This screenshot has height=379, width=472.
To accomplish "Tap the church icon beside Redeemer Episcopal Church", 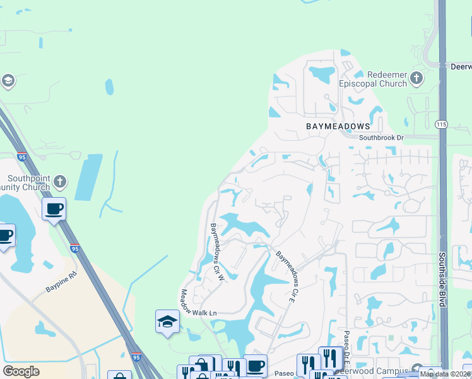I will pos(416,78).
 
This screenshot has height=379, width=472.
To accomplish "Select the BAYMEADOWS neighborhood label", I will pos(338,126).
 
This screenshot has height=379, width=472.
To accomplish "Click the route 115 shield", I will pos(442,124).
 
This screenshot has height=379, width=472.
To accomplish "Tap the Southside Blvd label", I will pos(444,277).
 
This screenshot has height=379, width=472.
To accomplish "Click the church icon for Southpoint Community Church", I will pos(59,182).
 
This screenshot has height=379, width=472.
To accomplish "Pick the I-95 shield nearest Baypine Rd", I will pos(74,248).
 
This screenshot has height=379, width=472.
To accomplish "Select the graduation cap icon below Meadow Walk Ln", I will pos(167,322).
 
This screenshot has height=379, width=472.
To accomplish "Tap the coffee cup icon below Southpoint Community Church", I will pos(54,208).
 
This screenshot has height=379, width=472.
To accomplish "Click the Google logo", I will pos(21,371).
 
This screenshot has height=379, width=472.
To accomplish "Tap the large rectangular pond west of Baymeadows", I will pos(88,176).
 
